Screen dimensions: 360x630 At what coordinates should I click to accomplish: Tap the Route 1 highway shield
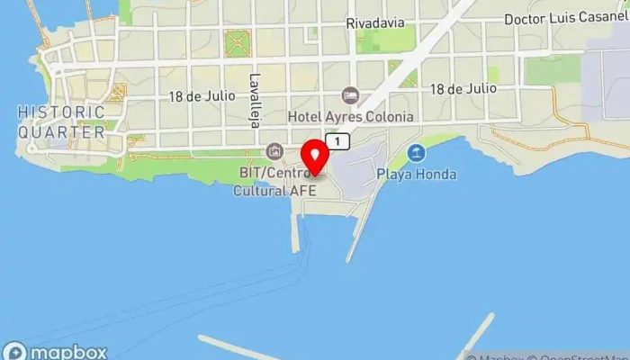pos(337,141)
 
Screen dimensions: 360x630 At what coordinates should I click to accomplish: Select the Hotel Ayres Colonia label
pos(351,117)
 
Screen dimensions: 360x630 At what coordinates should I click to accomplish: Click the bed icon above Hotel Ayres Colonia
pos(350,95)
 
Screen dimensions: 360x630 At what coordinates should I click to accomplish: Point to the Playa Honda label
pos(417,173)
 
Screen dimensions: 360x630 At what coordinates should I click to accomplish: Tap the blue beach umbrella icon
pos(416,153)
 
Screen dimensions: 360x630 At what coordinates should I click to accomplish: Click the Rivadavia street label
pos(375,24)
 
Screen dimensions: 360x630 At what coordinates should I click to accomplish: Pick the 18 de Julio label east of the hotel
pos(463,88)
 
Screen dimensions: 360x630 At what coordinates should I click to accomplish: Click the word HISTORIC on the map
pos(61,112)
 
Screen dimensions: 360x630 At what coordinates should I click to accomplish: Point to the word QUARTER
pos(63,131)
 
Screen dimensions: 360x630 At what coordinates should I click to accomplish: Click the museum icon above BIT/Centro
pos(274,150)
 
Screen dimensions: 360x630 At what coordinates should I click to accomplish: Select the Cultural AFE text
pos(271,191)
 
